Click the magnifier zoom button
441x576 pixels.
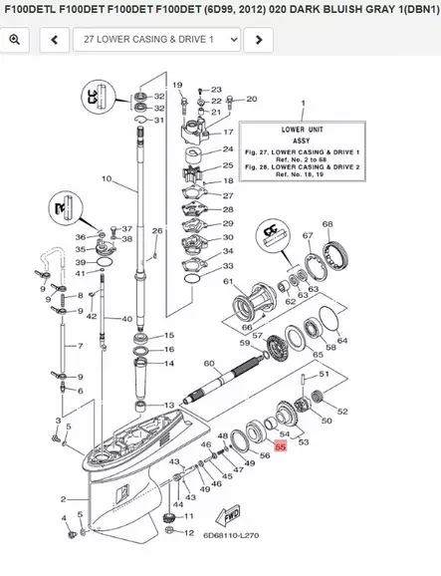(x=16, y=39)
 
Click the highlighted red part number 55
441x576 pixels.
(x=280, y=448)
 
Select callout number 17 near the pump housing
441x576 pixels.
(x=228, y=132)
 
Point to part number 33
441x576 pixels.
(x=228, y=267)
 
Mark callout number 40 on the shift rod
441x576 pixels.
(x=126, y=319)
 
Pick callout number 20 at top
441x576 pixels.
(x=251, y=99)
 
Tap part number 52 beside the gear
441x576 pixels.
(x=341, y=410)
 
